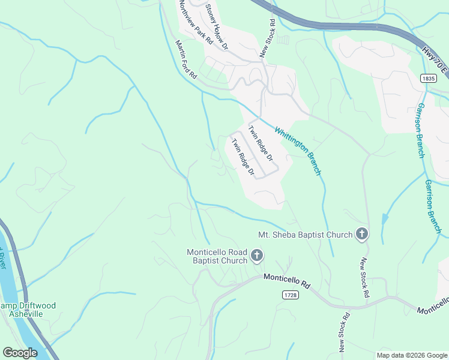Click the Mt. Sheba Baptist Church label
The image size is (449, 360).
click(305, 234)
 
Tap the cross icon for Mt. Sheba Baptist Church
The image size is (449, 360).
click(361, 234)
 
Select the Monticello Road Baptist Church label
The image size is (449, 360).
click(217, 256)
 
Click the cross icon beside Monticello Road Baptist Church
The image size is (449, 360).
click(256, 256)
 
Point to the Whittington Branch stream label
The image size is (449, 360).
click(298, 151)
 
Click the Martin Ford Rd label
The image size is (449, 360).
click(186, 60)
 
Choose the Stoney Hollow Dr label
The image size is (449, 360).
click(217, 25)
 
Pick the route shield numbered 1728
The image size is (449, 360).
click(291, 295)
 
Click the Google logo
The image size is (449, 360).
click(20, 353)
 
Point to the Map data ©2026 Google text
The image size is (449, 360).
click(411, 355)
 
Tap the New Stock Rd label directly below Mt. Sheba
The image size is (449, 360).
click(364, 278)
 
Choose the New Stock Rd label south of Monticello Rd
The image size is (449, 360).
click(344, 332)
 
